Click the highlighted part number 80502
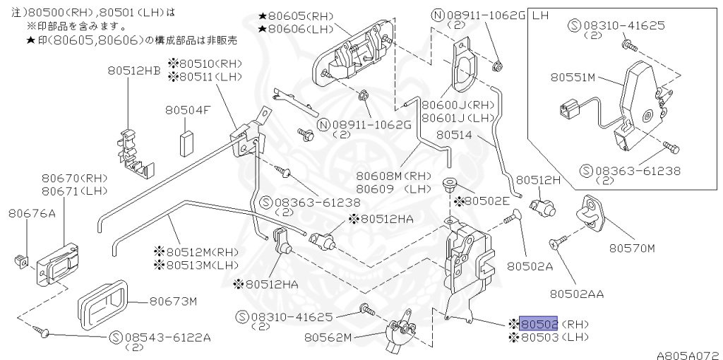tap(539, 324)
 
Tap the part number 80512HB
tap(134, 70)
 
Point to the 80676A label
tap(32, 212)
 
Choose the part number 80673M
tap(172, 301)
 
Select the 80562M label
tap(328, 337)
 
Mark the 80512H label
tap(538, 180)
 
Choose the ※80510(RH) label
tap(205, 64)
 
